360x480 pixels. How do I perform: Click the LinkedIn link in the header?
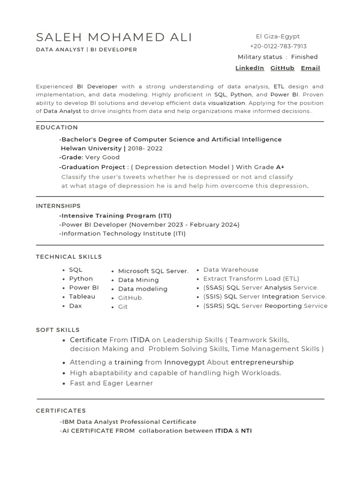click(249, 68)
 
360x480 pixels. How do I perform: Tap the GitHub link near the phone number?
click(282, 68)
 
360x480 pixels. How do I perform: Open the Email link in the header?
click(310, 68)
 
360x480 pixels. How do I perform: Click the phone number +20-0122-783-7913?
click(278, 46)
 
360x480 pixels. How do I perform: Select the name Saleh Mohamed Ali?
click(114, 37)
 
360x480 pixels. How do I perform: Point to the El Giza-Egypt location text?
click(278, 37)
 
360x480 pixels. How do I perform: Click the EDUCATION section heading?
click(57, 127)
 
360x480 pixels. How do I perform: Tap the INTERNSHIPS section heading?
click(58, 206)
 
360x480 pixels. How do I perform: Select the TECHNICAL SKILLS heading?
click(69, 257)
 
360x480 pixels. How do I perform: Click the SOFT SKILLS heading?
click(58, 330)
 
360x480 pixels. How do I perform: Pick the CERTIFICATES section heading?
click(61, 411)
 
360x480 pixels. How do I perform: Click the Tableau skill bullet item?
click(82, 297)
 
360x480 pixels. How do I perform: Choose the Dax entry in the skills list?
click(75, 306)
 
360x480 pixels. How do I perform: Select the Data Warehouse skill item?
click(231, 270)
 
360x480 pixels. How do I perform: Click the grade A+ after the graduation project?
click(280, 167)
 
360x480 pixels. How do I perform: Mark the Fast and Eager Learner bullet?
click(112, 383)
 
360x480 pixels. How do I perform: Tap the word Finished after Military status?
click(304, 57)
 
